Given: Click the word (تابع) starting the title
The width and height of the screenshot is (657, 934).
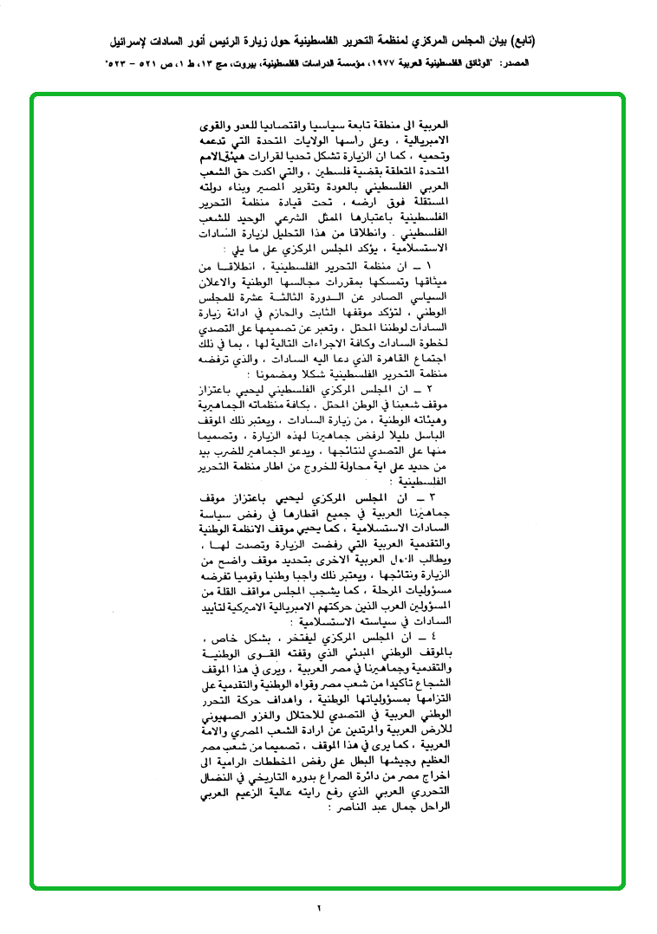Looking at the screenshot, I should [519, 40].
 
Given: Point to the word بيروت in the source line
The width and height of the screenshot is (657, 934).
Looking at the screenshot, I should [233, 64].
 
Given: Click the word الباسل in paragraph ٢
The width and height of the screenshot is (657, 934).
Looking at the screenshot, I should [430, 437].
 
